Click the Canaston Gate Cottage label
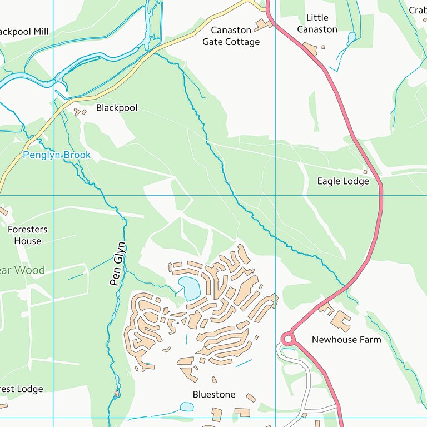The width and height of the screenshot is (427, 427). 231,36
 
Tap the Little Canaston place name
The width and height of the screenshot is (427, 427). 317,23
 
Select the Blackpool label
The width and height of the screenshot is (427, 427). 117,107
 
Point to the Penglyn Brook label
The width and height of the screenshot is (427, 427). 57,155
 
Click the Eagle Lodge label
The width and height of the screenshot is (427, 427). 343,181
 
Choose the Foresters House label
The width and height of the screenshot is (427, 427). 28,235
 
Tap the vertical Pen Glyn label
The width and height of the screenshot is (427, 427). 117,264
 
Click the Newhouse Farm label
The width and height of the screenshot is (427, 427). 346,339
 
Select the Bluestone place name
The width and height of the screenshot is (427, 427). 214,394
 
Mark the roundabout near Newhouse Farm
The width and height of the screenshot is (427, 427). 287,338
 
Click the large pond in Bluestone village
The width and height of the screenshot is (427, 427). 190,288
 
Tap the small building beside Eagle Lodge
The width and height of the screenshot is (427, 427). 365,172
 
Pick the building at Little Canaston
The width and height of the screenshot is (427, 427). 310,49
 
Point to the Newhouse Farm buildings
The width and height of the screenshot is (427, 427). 339,320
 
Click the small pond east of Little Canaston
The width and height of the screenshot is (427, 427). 351,38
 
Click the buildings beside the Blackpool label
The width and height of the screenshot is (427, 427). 80,112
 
